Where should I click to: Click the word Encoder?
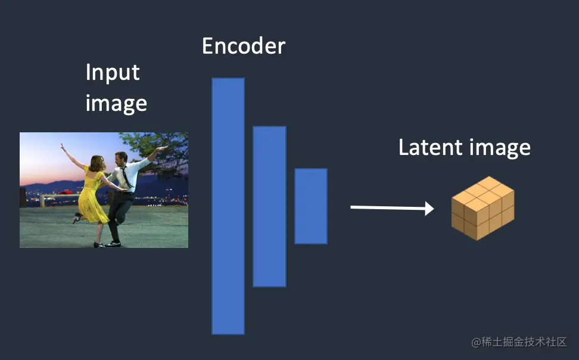tap(244, 46)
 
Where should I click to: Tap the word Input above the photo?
tap(113, 73)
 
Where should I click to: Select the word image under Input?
tap(116, 103)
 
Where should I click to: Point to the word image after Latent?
tap(500, 148)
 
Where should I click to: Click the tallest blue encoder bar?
tap(228, 206)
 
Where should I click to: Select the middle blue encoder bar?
tap(269, 206)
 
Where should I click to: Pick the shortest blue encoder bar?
tap(310, 206)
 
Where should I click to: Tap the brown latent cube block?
tap(482, 208)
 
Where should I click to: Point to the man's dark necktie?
tap(125, 176)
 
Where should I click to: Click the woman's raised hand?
tap(62, 145)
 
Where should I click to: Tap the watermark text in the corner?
tap(519, 342)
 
